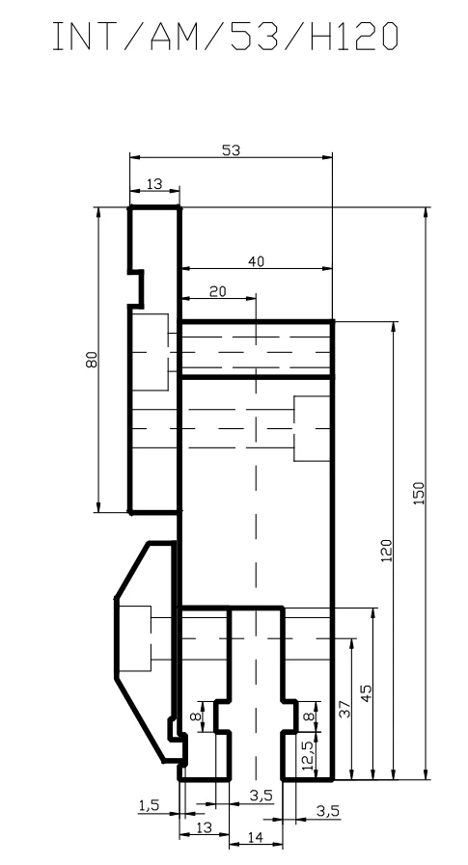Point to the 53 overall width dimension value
(x=232, y=150)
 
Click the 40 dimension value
(x=256, y=261)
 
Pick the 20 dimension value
(x=218, y=290)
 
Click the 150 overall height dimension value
(x=419, y=493)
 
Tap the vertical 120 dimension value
(x=386, y=550)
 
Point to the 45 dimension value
(x=366, y=693)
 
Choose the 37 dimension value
(x=344, y=709)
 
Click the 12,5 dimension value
(x=308, y=755)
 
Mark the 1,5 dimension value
(x=149, y=805)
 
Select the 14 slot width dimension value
(x=255, y=837)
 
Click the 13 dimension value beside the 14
(x=204, y=827)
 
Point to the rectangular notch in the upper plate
(x=136, y=288)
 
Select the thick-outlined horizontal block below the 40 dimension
(x=256, y=349)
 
